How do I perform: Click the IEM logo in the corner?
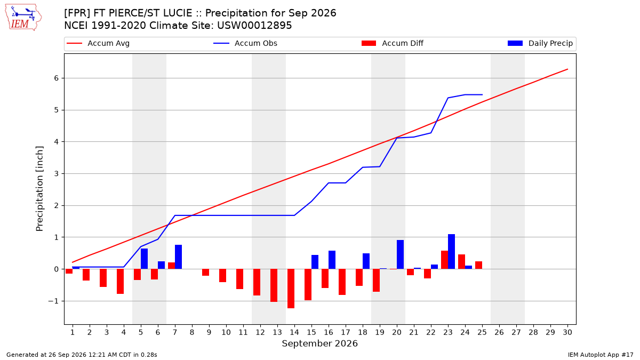tap(23, 18)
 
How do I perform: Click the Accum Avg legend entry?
tap(98, 43)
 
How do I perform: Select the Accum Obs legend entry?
tap(245, 43)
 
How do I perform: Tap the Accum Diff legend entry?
tap(393, 43)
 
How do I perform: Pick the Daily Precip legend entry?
tap(540, 43)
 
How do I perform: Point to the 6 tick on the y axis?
tap(57, 78)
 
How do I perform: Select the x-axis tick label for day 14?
tap(294, 332)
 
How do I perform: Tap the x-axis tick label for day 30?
tap(567, 332)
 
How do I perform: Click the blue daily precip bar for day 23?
tap(451, 252)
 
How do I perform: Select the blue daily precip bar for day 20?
tap(401, 254)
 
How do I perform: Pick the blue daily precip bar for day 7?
tap(178, 257)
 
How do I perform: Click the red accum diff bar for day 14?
tap(291, 289)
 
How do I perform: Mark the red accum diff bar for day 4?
tap(121, 282)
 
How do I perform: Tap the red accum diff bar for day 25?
tap(478, 265)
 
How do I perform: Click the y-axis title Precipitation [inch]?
tap(39, 189)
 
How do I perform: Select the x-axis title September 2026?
tap(319, 343)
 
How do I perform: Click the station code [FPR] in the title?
tap(76, 13)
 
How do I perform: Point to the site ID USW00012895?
tap(254, 26)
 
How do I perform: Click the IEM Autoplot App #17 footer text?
tap(601, 355)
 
